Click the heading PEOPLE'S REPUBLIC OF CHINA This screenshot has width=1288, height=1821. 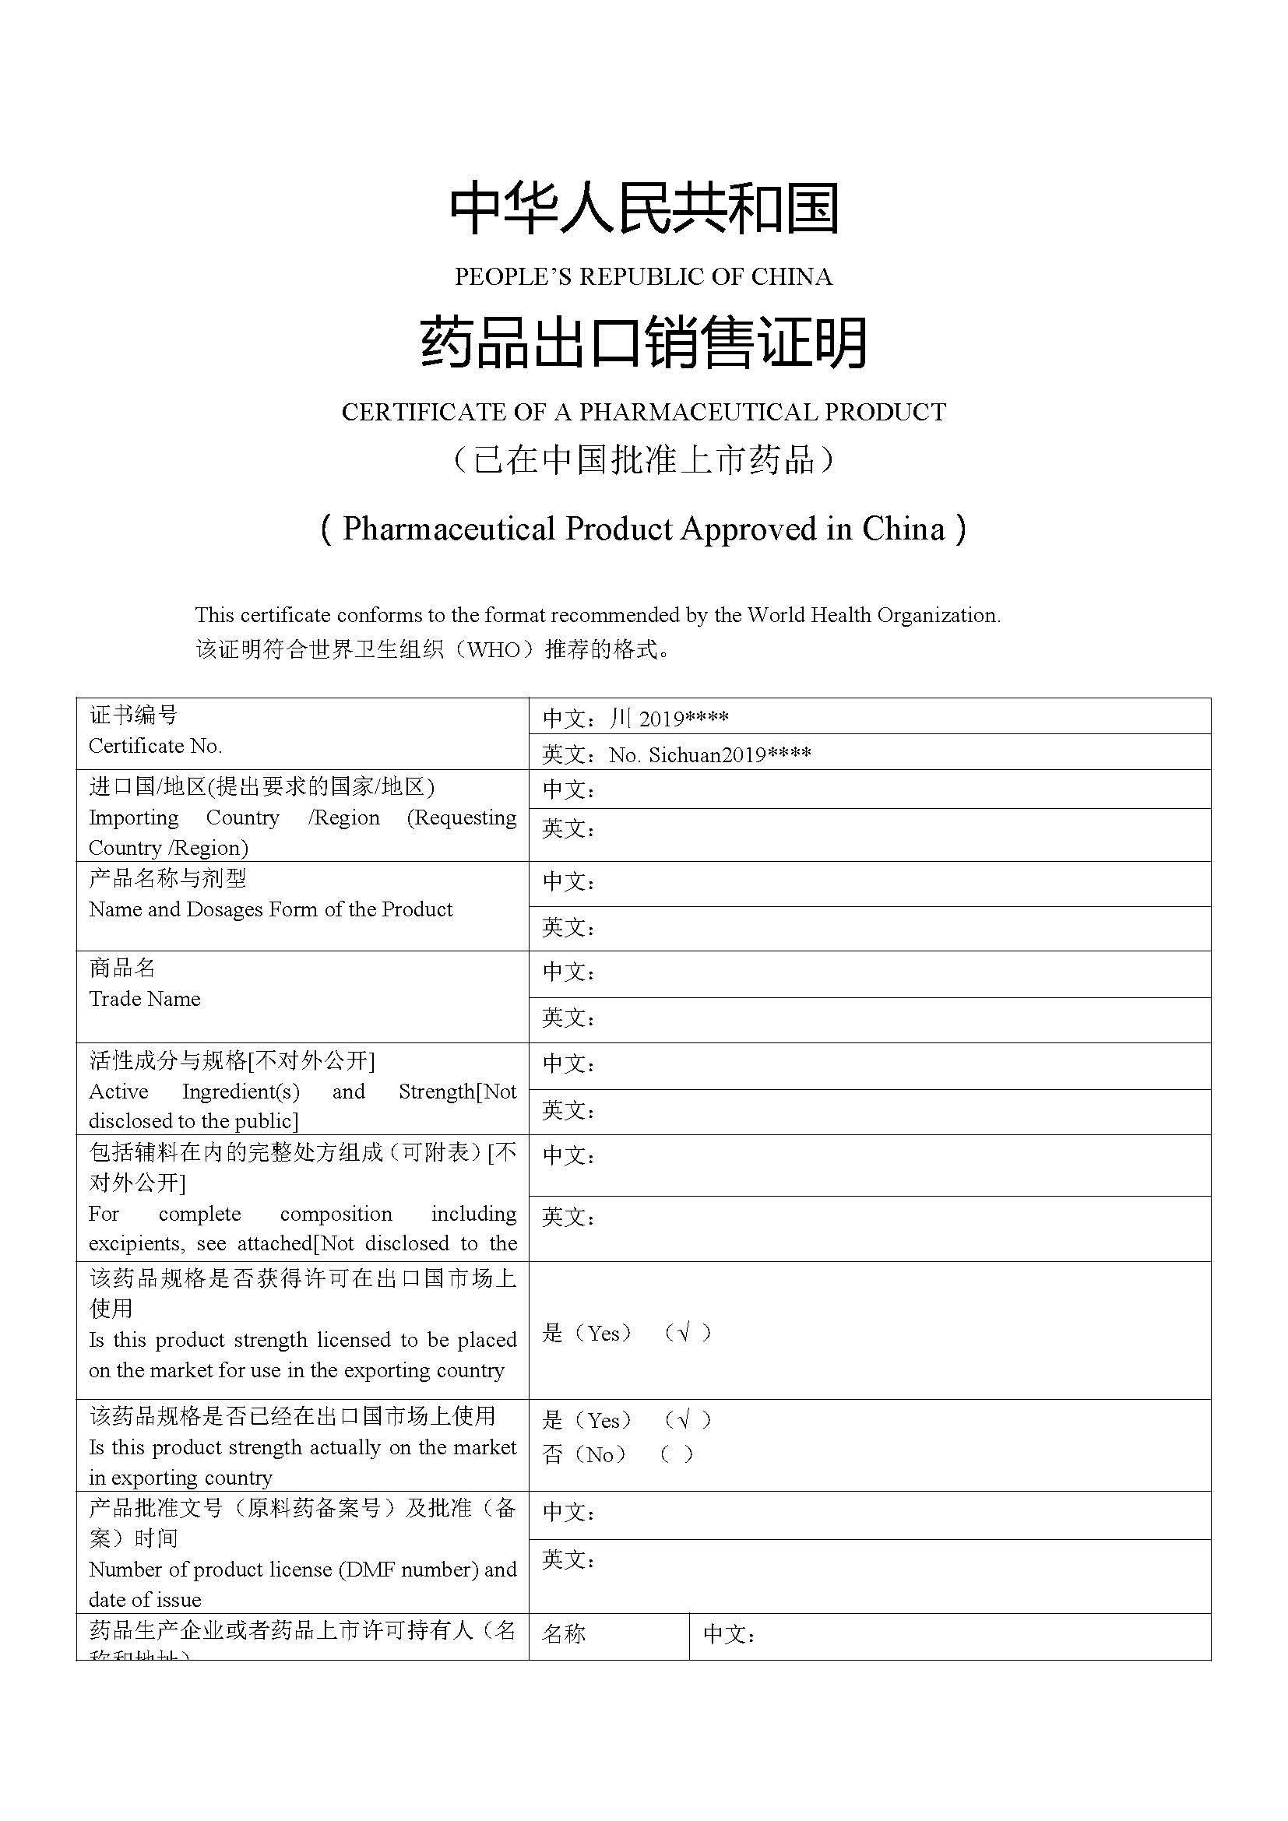pyautogui.click(x=643, y=277)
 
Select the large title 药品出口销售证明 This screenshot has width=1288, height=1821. pyautogui.click(x=643, y=343)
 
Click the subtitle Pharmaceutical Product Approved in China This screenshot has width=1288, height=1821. pyautogui.click(x=643, y=529)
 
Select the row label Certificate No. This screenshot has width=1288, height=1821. pyautogui.click(x=156, y=747)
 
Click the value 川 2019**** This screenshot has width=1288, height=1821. pyautogui.click(x=669, y=719)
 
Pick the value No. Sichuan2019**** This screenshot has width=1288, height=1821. pyautogui.click(x=710, y=754)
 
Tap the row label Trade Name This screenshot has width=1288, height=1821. pyautogui.click(x=144, y=999)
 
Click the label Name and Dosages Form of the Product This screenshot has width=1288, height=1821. pyautogui.click(x=270, y=909)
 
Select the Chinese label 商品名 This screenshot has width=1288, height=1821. pyautogui.click(x=122, y=968)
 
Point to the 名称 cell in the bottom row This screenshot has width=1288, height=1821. pyautogui.click(x=564, y=1634)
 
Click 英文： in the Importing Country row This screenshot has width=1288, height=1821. pyautogui.click(x=568, y=830)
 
